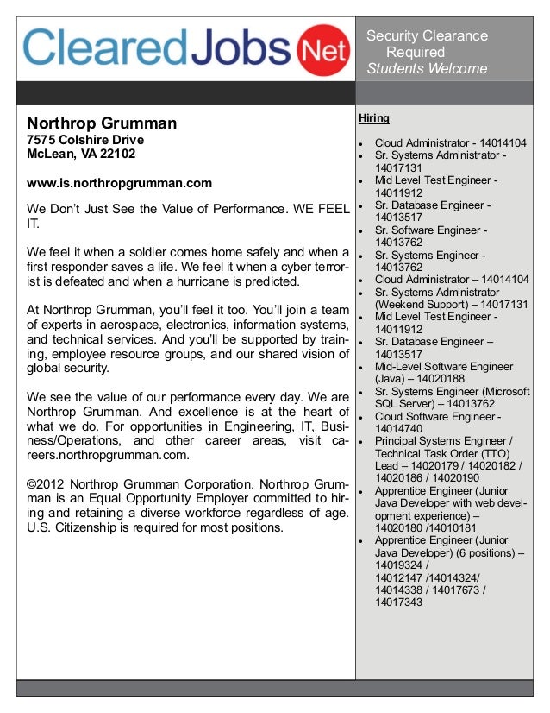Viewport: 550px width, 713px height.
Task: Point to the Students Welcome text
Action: (x=427, y=69)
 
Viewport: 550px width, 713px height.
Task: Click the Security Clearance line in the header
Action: (x=428, y=36)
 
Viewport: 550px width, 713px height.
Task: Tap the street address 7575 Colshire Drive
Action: (x=85, y=140)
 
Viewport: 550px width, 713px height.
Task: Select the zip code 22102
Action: (x=117, y=155)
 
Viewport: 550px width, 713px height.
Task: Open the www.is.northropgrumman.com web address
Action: (x=119, y=184)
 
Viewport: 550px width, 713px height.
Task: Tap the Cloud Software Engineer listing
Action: (x=434, y=417)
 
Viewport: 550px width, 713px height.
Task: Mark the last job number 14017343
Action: (x=399, y=602)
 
